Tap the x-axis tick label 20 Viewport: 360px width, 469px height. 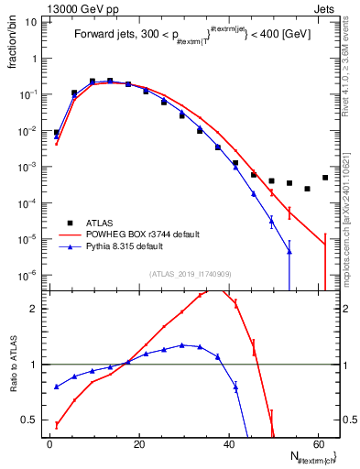[x=139, y=444]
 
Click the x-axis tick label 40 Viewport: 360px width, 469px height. [x=229, y=444]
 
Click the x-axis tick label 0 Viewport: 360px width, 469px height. [x=50, y=444]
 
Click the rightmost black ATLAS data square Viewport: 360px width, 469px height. [x=325, y=178]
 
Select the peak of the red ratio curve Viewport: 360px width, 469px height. [x=213, y=290]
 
